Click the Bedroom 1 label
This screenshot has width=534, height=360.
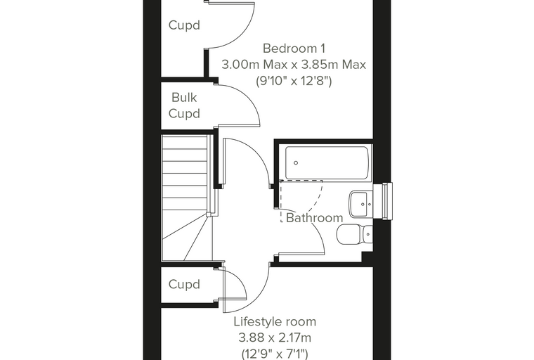click(x=294, y=49)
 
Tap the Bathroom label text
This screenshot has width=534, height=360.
click(x=314, y=218)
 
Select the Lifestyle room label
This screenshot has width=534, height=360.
click(x=275, y=321)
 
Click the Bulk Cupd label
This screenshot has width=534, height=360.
click(x=184, y=105)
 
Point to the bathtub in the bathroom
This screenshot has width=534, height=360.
click(x=327, y=163)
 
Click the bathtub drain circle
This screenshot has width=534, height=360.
click(x=296, y=163)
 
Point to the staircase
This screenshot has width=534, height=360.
click(x=187, y=198)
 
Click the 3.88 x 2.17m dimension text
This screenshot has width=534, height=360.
click(x=275, y=337)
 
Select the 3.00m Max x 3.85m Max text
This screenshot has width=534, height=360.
click(x=294, y=65)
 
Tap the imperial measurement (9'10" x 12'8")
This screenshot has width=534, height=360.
click(x=294, y=81)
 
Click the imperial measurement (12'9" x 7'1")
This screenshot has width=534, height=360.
click(x=275, y=354)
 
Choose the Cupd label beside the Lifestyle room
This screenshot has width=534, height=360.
click(x=184, y=284)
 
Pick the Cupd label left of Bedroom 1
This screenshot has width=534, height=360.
click(x=184, y=25)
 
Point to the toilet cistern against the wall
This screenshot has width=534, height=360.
click(x=367, y=234)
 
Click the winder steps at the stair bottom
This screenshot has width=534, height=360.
click(x=187, y=238)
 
